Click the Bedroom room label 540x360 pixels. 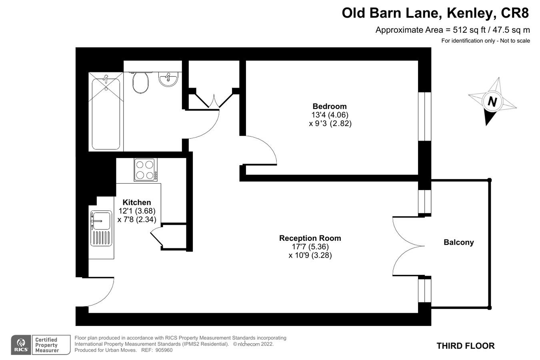(330, 106)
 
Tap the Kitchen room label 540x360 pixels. (137, 202)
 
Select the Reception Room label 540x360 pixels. (310, 238)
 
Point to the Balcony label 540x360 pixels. (458, 242)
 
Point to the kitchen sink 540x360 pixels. (101, 221)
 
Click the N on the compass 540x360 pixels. (492, 102)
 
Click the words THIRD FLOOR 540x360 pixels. (466, 346)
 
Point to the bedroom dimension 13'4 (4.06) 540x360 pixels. (330, 115)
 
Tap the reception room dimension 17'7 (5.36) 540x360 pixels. (310, 247)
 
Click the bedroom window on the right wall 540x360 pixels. (424, 117)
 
